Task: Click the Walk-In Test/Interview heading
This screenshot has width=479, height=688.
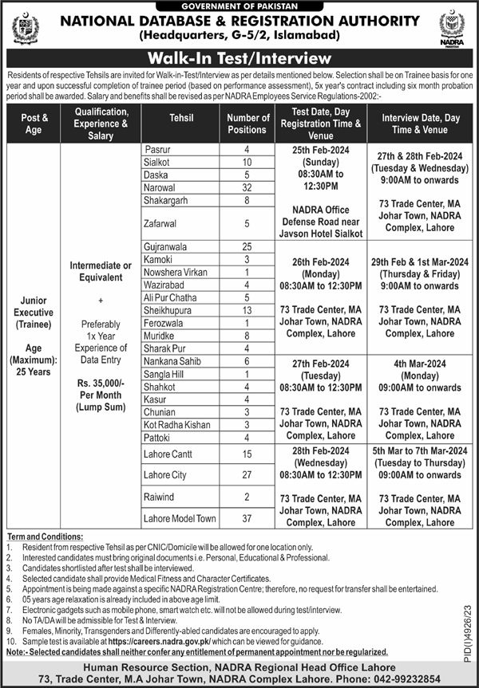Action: (x=239, y=58)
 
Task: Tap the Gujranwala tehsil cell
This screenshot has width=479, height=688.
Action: (x=169, y=248)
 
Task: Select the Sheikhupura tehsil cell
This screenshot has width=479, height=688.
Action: (x=170, y=309)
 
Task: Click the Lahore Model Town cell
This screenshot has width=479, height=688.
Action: (x=180, y=518)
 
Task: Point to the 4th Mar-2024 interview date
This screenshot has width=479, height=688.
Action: (x=420, y=362)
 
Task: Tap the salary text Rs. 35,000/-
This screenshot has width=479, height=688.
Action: (x=100, y=382)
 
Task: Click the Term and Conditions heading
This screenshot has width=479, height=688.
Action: (x=42, y=537)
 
